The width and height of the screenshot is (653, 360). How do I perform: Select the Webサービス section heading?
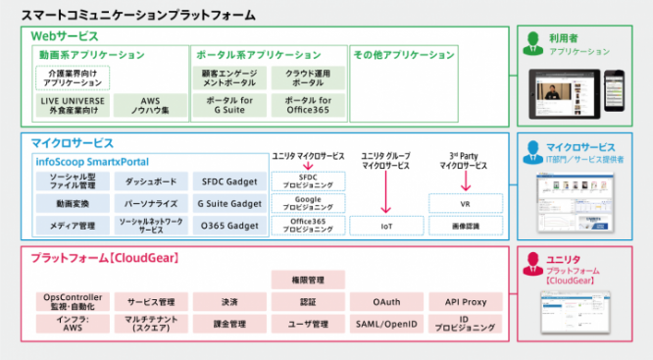(x=66, y=35)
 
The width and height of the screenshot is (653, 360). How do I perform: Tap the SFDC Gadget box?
(x=228, y=181)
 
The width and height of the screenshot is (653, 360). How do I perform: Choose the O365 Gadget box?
(x=228, y=226)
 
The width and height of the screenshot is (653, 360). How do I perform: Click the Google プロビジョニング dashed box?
(x=308, y=204)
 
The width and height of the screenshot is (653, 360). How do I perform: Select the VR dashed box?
(x=465, y=204)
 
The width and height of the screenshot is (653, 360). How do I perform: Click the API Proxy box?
(x=465, y=302)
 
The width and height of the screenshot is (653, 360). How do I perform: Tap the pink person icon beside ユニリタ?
(x=532, y=262)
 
